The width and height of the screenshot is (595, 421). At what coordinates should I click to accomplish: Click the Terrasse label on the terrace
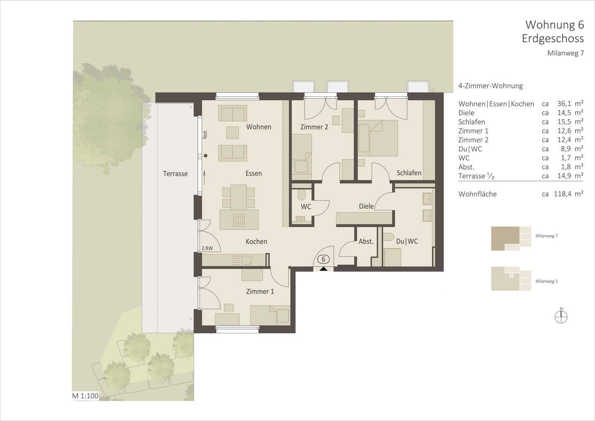point(175,174)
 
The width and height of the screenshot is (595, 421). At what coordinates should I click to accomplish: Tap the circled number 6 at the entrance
point(324,259)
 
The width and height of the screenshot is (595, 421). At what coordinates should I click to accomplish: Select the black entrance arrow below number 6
point(324,268)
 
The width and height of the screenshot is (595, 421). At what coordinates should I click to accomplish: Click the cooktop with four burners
point(239,219)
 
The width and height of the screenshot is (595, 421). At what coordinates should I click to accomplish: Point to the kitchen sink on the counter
point(247,260)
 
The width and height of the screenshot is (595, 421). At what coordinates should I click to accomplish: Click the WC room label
point(306,206)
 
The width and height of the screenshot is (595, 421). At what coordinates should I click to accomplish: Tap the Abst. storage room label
point(366,242)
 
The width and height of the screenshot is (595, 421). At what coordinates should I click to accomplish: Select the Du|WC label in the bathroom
point(407,241)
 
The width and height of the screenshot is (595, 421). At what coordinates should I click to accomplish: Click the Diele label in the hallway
point(366,206)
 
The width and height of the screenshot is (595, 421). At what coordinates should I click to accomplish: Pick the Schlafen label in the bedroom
point(409,173)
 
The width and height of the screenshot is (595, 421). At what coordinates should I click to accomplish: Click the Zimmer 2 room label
point(314,127)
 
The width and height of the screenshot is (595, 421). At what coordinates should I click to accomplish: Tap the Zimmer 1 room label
point(260,292)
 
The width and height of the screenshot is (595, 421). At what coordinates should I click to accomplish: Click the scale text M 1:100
point(85,396)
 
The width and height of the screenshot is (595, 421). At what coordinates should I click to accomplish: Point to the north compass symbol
point(561,316)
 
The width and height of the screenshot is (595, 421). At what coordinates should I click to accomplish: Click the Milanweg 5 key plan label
point(546,281)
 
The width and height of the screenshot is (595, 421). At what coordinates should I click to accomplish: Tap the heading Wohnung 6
point(554,25)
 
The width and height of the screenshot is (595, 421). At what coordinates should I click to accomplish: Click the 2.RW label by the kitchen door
point(207,249)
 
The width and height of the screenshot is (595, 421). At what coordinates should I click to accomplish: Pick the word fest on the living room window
point(205,135)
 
